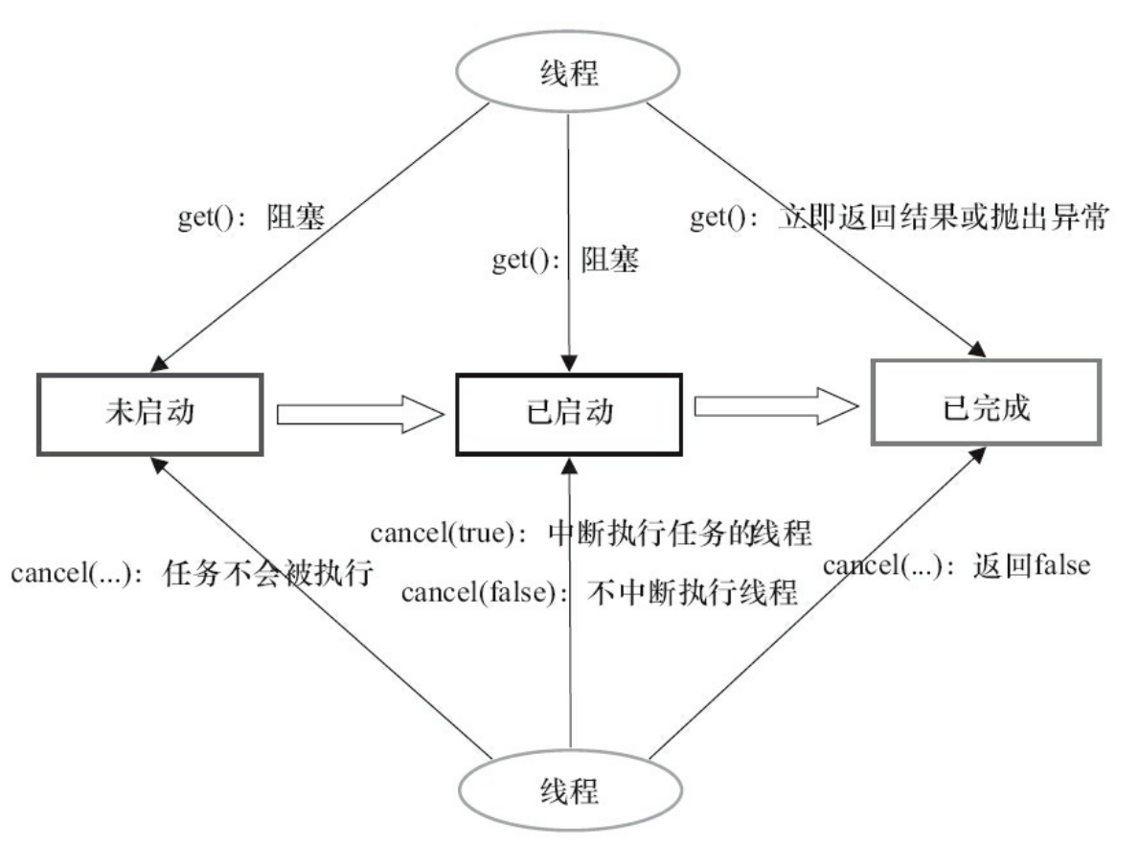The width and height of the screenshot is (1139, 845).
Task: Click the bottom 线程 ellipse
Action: click(569, 791)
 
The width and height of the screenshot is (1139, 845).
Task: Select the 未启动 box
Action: click(151, 413)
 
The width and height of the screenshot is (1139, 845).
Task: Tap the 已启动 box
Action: click(569, 413)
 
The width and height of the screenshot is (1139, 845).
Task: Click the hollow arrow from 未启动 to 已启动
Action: click(361, 414)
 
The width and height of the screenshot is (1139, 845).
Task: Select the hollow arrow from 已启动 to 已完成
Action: click(774, 408)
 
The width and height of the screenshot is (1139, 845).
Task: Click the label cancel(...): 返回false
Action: click(956, 565)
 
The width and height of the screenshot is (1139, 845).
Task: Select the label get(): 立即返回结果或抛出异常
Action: click(899, 218)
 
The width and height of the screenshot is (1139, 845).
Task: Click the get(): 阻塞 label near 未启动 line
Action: click(253, 218)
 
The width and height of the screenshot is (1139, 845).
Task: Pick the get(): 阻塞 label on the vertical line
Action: click(565, 261)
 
